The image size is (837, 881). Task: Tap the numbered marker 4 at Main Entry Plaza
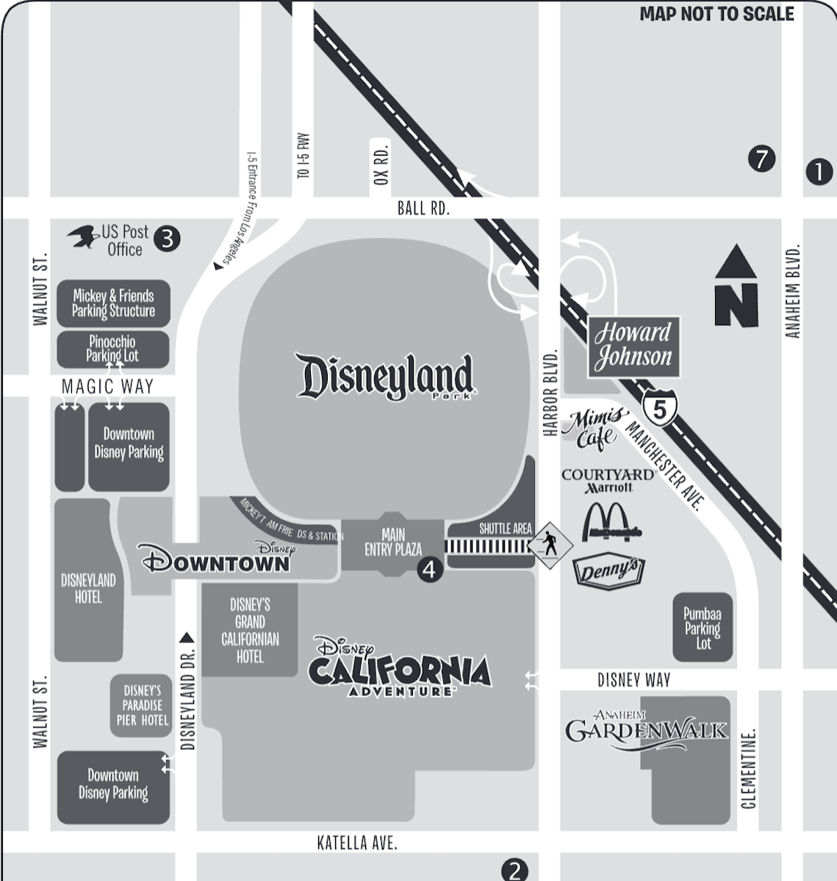coord(430,570)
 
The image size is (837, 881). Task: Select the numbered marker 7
coord(761,159)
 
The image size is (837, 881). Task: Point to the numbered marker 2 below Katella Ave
coord(514,871)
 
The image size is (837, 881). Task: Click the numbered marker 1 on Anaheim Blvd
coord(819,172)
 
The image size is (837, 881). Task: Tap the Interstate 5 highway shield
coord(659,408)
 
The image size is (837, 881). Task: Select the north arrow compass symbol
coord(736,287)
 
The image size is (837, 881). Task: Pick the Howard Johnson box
coord(633,346)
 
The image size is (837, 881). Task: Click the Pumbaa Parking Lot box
coord(703,628)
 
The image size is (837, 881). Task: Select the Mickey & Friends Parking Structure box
coord(113,303)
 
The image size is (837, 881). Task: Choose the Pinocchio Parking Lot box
coord(112,349)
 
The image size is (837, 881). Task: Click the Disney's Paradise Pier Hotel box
coord(142,706)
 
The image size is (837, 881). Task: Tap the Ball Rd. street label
coord(423,208)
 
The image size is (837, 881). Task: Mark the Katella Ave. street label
coord(357,843)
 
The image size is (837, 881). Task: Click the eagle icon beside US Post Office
coord(83,236)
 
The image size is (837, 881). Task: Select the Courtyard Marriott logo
coord(608,480)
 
